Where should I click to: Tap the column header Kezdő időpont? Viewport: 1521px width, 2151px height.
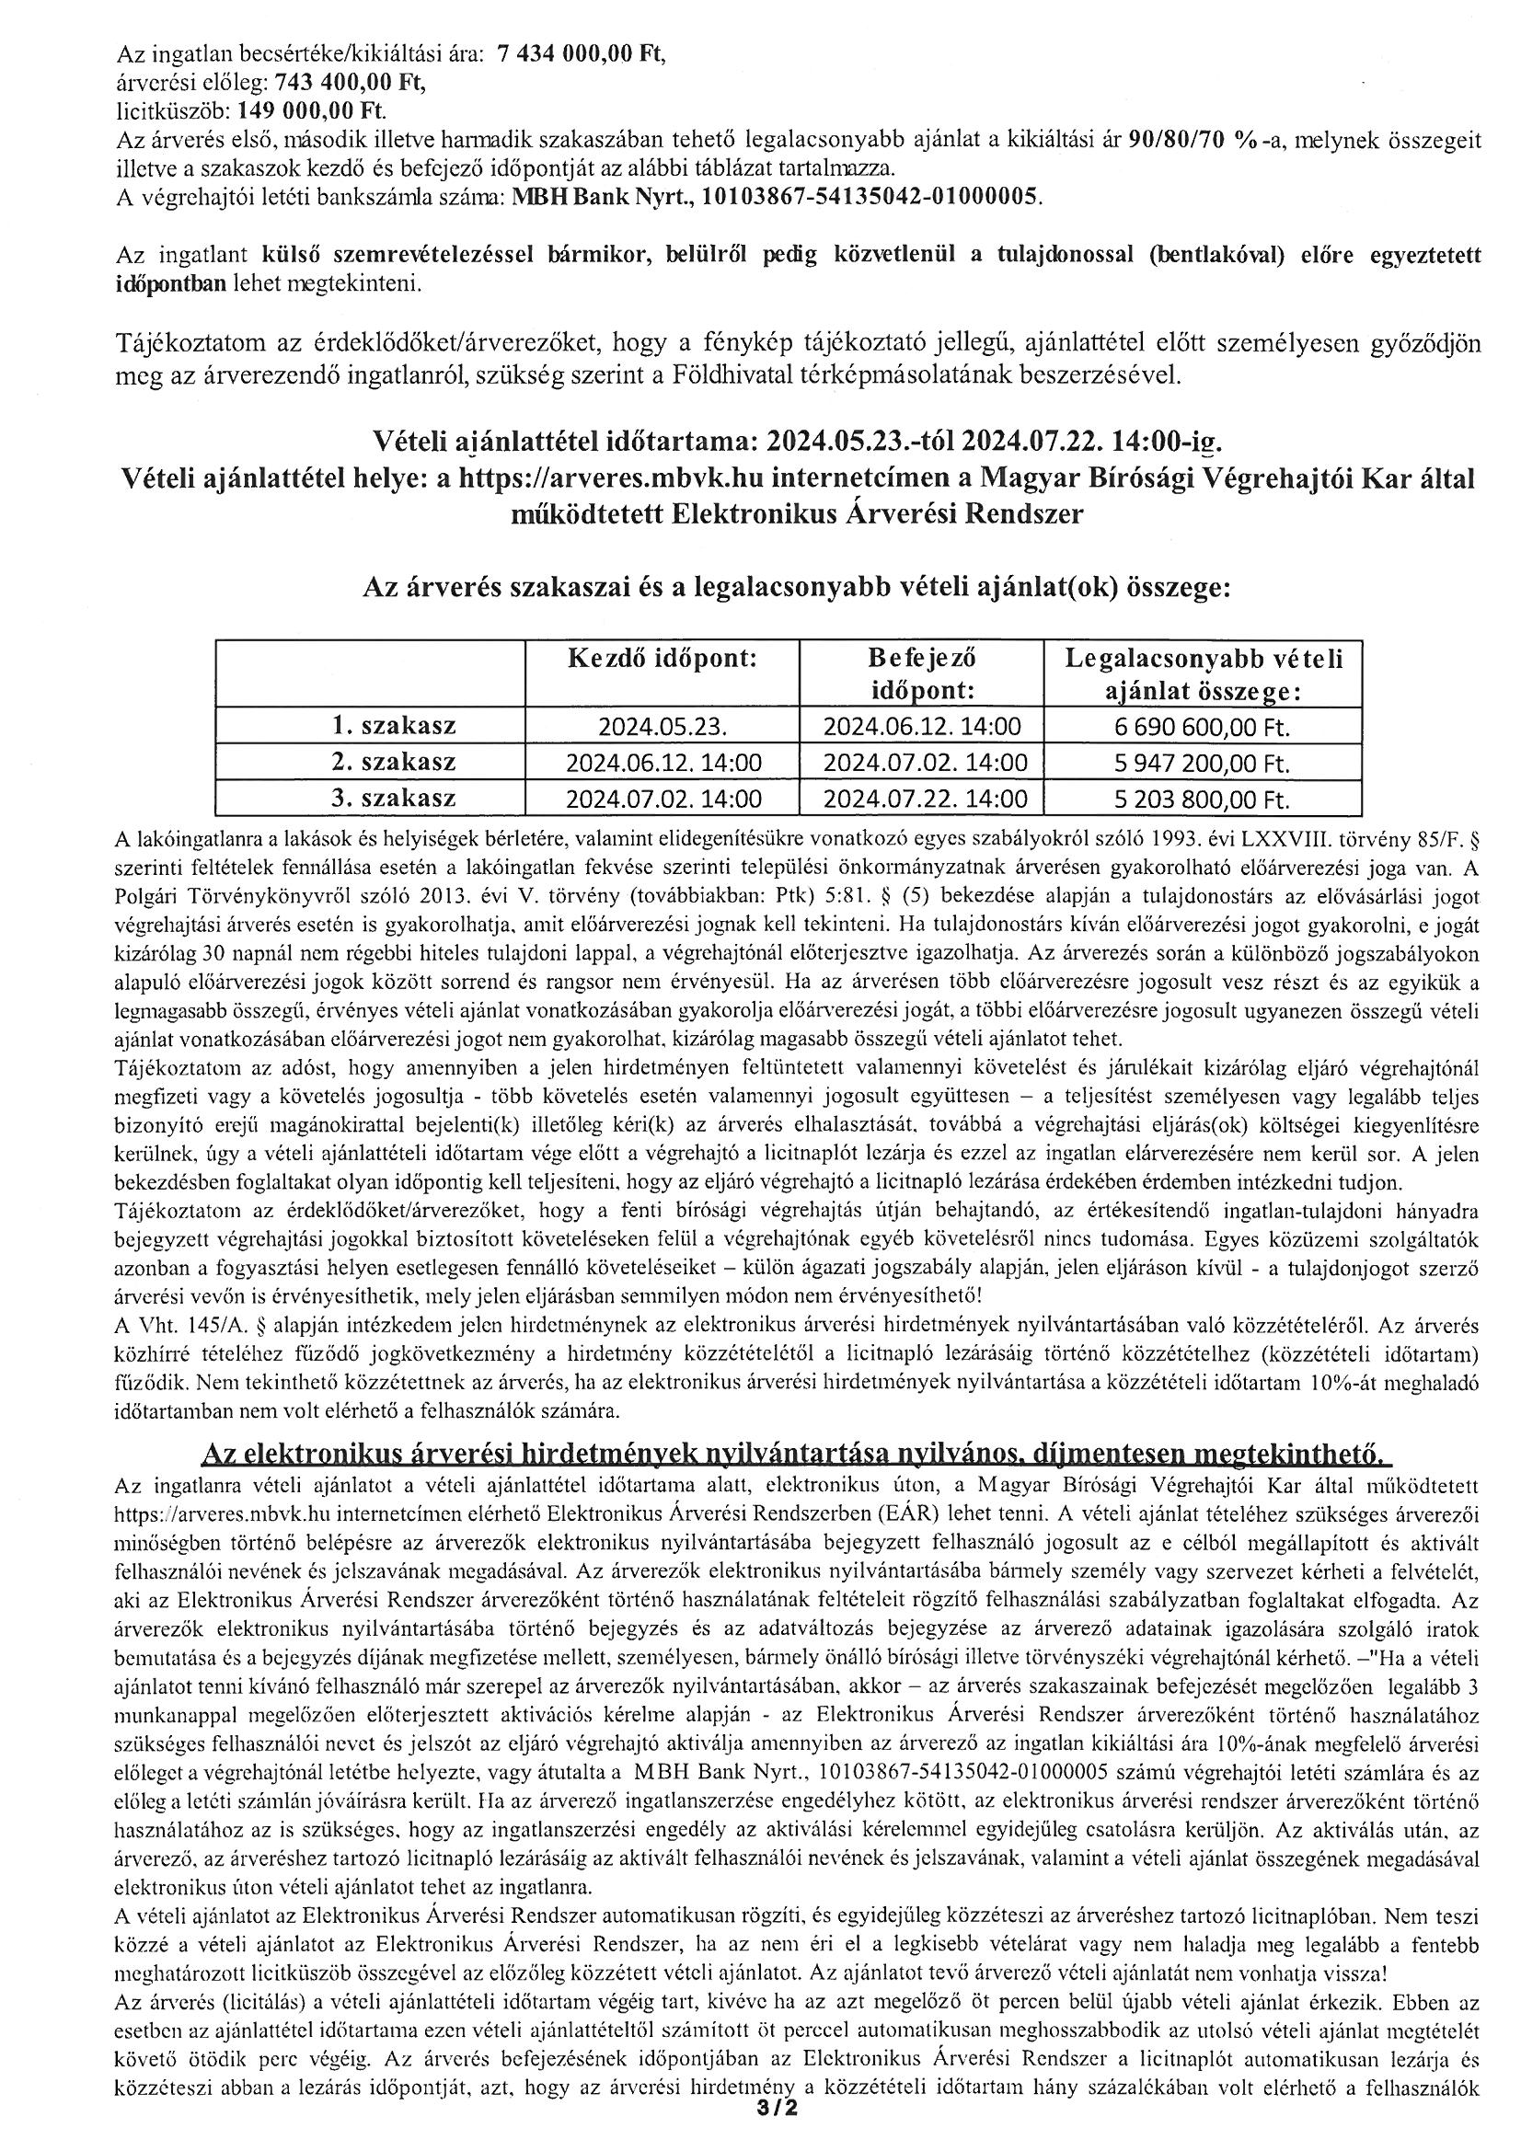click(x=662, y=659)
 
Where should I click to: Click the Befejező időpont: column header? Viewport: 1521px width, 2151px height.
click(x=922, y=674)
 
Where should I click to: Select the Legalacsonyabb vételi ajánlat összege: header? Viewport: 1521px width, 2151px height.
click(x=1204, y=674)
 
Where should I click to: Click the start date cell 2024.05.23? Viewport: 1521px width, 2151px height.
click(x=663, y=727)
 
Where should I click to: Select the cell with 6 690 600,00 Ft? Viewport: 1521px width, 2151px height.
click(x=1204, y=727)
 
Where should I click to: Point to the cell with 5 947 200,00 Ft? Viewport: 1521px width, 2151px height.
click(x=1204, y=764)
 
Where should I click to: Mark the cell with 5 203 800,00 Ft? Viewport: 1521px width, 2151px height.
click(x=1204, y=800)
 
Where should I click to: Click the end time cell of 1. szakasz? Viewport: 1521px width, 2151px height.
click(x=921, y=727)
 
